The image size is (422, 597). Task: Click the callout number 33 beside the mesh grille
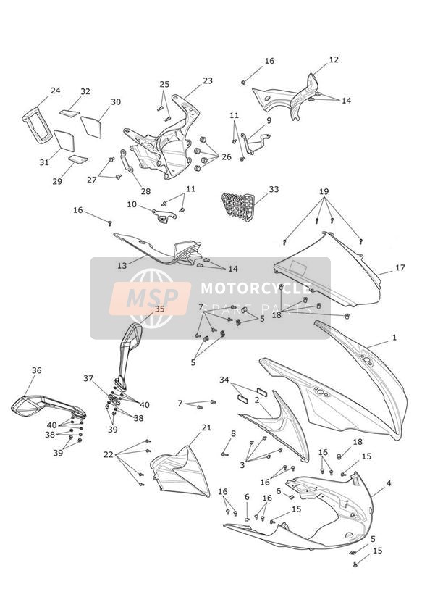pyautogui.click(x=274, y=189)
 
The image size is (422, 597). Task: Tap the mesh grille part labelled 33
pyautogui.click(x=238, y=206)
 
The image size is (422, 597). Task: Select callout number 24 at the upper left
pyautogui.click(x=56, y=91)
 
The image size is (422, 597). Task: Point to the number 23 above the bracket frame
pyautogui.click(x=208, y=80)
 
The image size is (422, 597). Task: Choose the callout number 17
pyautogui.click(x=400, y=267)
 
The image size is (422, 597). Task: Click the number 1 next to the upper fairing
pyautogui.click(x=394, y=338)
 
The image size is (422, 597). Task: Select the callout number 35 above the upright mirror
pyautogui.click(x=160, y=309)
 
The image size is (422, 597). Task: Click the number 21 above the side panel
pyautogui.click(x=206, y=427)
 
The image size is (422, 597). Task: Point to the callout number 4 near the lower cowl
pyautogui.click(x=389, y=483)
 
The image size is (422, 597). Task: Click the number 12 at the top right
pyautogui.click(x=334, y=60)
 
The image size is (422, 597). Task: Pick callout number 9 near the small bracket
pyautogui.click(x=269, y=121)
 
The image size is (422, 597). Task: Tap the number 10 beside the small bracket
pyautogui.click(x=132, y=204)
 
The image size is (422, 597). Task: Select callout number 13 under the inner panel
pyautogui.click(x=122, y=265)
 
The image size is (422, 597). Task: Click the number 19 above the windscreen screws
pyautogui.click(x=324, y=191)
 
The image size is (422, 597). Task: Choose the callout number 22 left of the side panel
pyautogui.click(x=109, y=454)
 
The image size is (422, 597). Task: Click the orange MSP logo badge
pyautogui.click(x=150, y=298)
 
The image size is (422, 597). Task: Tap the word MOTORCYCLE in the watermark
pyautogui.click(x=256, y=288)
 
